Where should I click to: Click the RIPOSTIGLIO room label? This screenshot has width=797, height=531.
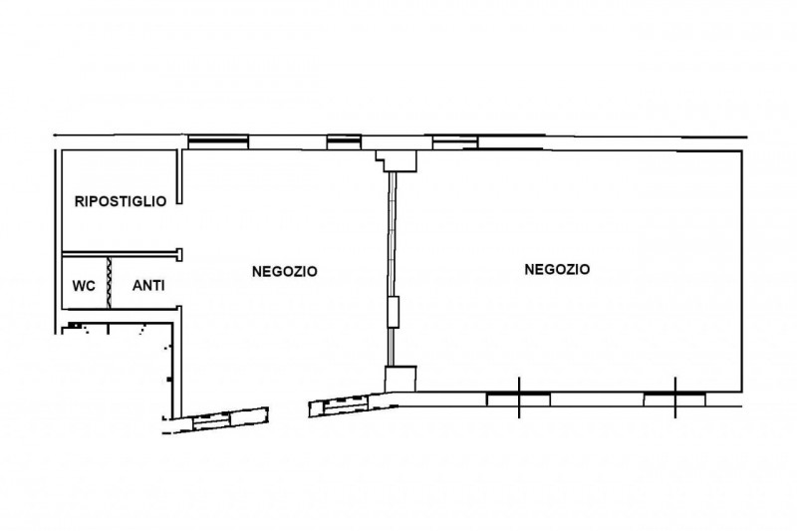tap(121, 201)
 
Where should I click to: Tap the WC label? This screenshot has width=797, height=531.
tap(84, 286)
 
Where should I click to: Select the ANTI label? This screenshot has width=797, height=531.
tap(148, 286)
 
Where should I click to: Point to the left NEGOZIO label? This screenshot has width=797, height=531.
tap(285, 271)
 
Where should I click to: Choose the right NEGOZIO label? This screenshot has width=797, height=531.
tap(557, 269)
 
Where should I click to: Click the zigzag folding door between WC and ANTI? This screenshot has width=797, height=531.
tap(109, 282)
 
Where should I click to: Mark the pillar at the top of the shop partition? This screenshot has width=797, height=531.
tap(397, 160)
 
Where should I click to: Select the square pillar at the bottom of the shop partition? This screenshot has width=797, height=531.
tap(400, 379)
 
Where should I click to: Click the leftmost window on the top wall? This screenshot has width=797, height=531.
tap(218, 141)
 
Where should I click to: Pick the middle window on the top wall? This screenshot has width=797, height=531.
tap(344, 141)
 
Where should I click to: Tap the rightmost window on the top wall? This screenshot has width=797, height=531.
tap(455, 141)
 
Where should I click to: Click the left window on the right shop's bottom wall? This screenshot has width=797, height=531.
tap(518, 398)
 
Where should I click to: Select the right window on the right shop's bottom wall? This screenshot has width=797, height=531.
tap(674, 398)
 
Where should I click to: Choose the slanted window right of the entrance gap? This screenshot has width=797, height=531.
tap(346, 402)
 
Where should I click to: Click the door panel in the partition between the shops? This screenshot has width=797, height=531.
tap(394, 312)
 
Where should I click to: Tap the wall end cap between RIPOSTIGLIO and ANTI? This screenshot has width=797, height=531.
tap(179, 254)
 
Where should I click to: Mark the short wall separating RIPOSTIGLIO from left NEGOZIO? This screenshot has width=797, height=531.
tap(179, 176)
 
